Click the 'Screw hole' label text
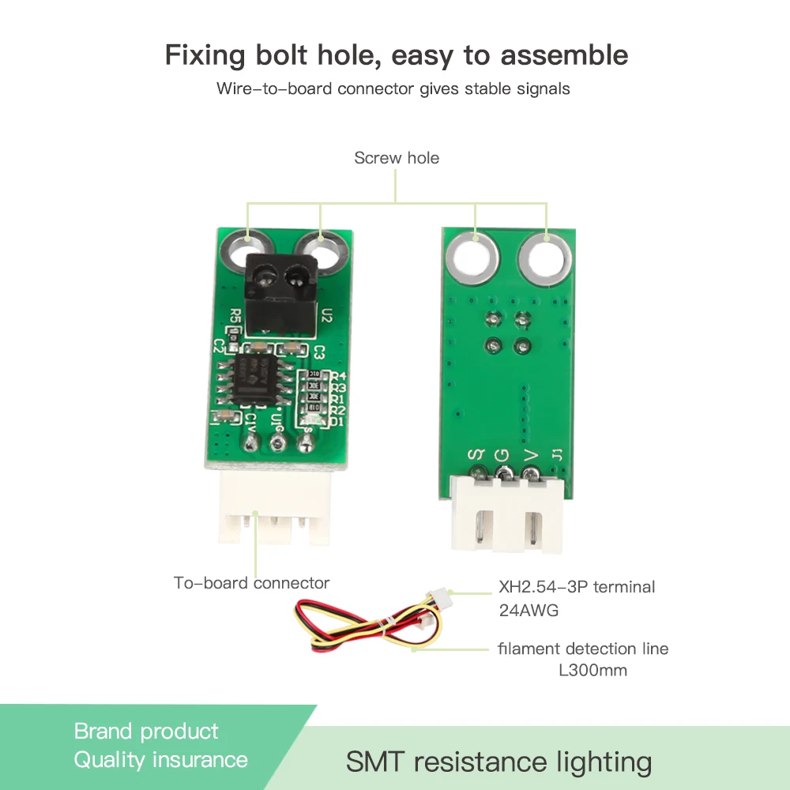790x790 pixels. (x=397, y=158)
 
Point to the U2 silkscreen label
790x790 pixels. (x=327, y=316)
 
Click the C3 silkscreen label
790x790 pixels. (x=319, y=352)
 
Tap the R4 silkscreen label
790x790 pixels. (x=338, y=376)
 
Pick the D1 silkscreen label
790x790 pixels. (x=338, y=421)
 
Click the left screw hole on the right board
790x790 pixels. (x=472, y=258)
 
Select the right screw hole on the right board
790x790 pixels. (x=545, y=258)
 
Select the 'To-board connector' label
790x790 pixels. (x=251, y=583)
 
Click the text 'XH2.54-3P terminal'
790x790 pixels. (x=577, y=587)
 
